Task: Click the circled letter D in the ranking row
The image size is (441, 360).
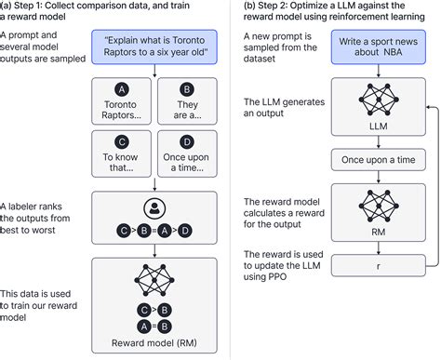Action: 187,230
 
